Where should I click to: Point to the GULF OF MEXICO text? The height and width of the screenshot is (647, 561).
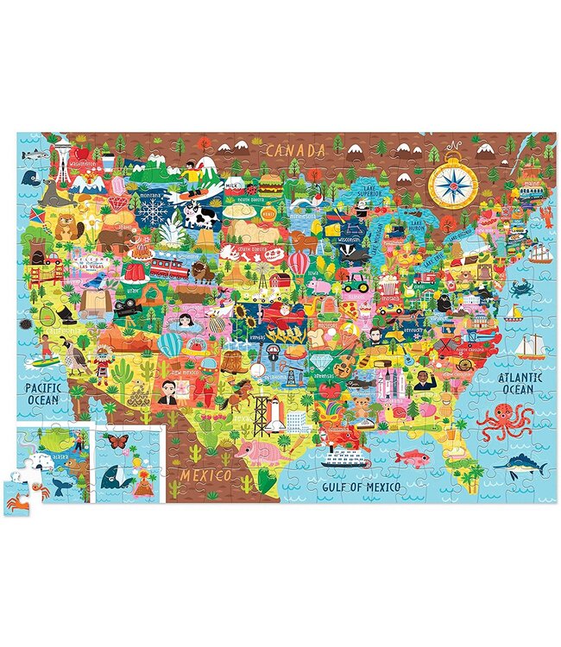pyautogui.click(x=361, y=487)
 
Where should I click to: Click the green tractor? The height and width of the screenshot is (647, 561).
pyautogui.click(x=355, y=280)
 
